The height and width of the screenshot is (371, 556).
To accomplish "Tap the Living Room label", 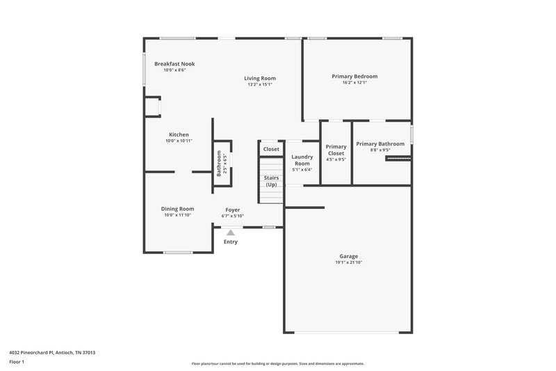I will [x=260, y=79].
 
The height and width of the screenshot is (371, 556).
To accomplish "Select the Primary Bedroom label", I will [x=354, y=77].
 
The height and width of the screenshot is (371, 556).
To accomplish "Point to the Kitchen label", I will [x=179, y=135].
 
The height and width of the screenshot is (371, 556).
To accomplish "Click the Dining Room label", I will [x=177, y=209].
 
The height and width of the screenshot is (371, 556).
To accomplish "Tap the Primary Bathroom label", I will [x=380, y=144].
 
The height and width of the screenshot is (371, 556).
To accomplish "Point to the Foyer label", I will [x=233, y=210].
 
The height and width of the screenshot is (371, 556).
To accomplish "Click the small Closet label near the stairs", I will [x=271, y=149].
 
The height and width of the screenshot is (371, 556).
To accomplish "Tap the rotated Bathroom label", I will [x=218, y=163].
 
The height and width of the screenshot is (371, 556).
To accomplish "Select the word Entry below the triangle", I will [x=231, y=242].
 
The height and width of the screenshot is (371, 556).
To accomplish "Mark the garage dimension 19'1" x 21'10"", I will [x=348, y=262].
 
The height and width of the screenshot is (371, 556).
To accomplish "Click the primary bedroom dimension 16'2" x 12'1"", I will [x=354, y=83].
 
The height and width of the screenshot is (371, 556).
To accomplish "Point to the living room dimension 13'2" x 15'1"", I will [x=260, y=85].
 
